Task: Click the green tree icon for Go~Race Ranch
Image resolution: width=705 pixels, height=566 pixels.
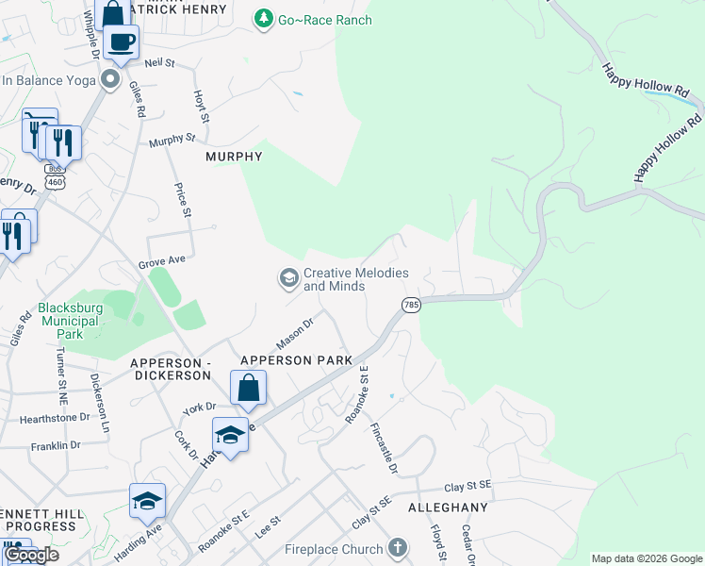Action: pyautogui.click(x=265, y=19)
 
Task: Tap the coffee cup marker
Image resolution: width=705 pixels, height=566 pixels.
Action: pyautogui.click(x=122, y=42)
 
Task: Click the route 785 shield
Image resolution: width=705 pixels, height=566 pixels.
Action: pyautogui.click(x=411, y=305)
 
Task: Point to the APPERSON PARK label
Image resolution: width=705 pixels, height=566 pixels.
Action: pyautogui.click(x=296, y=360)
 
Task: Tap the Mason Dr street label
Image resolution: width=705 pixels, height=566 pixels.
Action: pyautogui.click(x=294, y=331)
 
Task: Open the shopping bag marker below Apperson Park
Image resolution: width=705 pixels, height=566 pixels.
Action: pyautogui.click(x=248, y=387)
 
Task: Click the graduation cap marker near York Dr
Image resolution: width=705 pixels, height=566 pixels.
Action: pyautogui.click(x=229, y=434)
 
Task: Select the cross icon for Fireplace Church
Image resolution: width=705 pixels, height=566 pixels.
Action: pyautogui.click(x=398, y=547)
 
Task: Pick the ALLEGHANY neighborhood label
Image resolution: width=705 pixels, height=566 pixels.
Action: pyautogui.click(x=449, y=507)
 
